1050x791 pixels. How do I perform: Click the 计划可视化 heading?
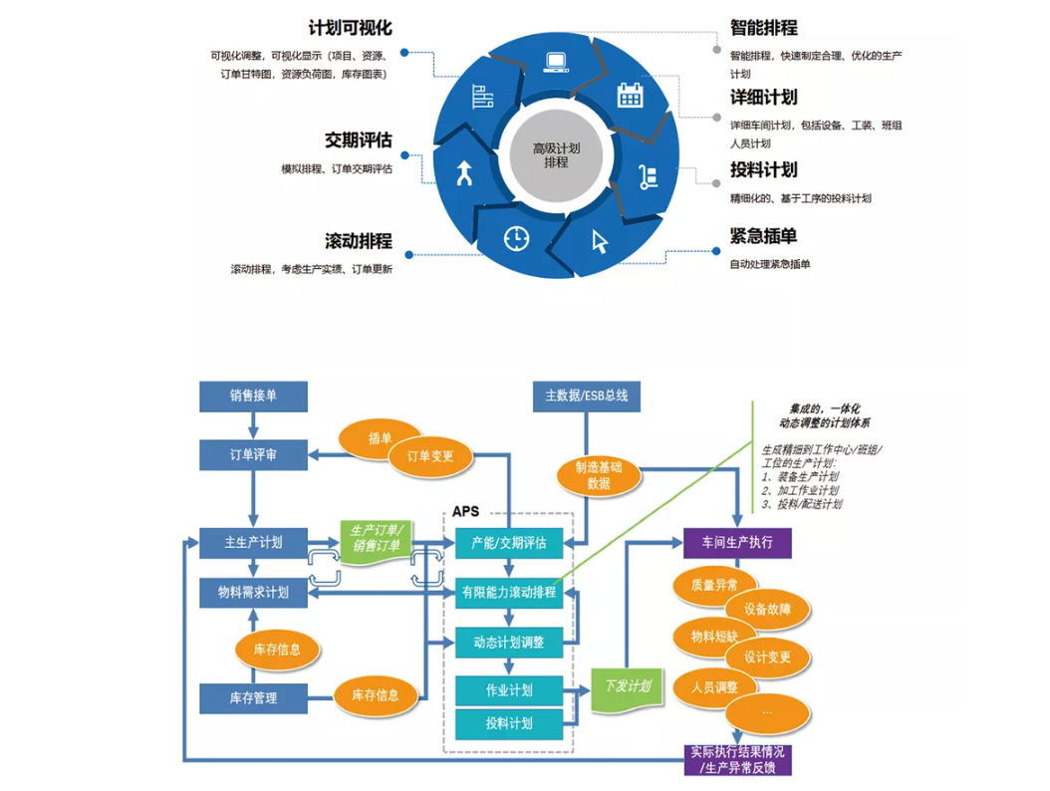[x=351, y=27]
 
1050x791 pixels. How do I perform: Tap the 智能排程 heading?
[x=764, y=27]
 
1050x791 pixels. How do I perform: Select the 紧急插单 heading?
[x=764, y=237]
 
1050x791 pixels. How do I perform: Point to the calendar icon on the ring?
[x=630, y=95]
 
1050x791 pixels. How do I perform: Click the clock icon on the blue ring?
[x=516, y=237]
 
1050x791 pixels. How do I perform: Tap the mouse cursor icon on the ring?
[x=600, y=240]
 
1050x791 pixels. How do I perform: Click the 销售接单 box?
[x=253, y=395]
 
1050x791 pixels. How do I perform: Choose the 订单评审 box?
[x=253, y=454]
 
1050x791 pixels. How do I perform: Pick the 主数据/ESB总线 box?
[x=587, y=395]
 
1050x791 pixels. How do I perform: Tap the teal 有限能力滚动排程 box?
[x=509, y=593]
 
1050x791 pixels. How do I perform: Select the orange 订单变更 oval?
[x=430, y=456]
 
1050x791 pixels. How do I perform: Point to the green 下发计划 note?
[x=628, y=687]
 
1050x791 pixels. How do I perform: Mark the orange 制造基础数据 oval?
[x=599, y=474]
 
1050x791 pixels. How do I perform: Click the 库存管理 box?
[x=253, y=697]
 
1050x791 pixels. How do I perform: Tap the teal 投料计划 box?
[x=509, y=723]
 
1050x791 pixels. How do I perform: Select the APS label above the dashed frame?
[x=465, y=511]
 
